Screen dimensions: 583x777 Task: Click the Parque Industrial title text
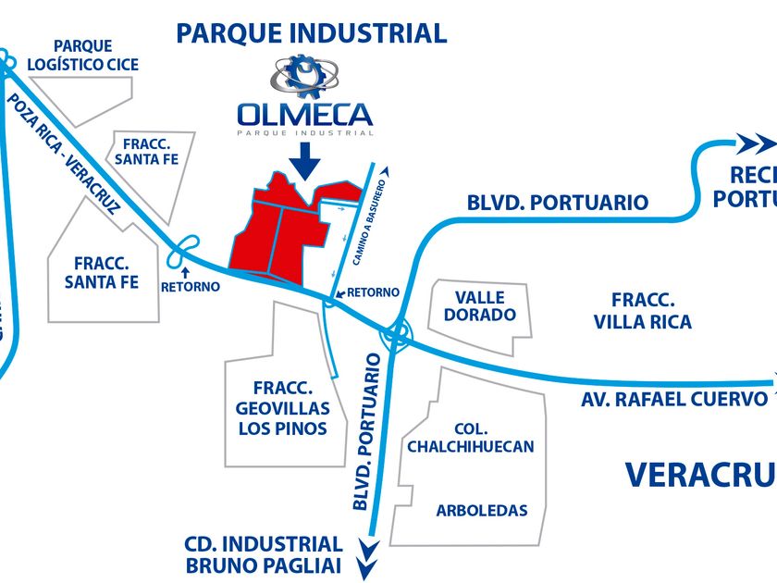(x=312, y=34)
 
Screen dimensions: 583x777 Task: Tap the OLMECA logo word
(x=304, y=115)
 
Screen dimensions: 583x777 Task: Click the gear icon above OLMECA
(x=304, y=77)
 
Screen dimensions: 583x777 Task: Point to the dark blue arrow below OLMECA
(x=304, y=163)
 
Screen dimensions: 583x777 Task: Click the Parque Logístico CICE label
(x=83, y=56)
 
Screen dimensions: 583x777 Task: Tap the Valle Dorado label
(x=480, y=306)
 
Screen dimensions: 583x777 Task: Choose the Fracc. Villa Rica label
(x=652, y=311)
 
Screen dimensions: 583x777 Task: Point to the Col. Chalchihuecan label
(x=470, y=438)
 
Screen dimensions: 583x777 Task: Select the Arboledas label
(x=482, y=510)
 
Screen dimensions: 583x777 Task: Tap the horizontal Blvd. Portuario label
(x=557, y=202)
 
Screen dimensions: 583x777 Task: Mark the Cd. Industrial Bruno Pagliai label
(x=264, y=554)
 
